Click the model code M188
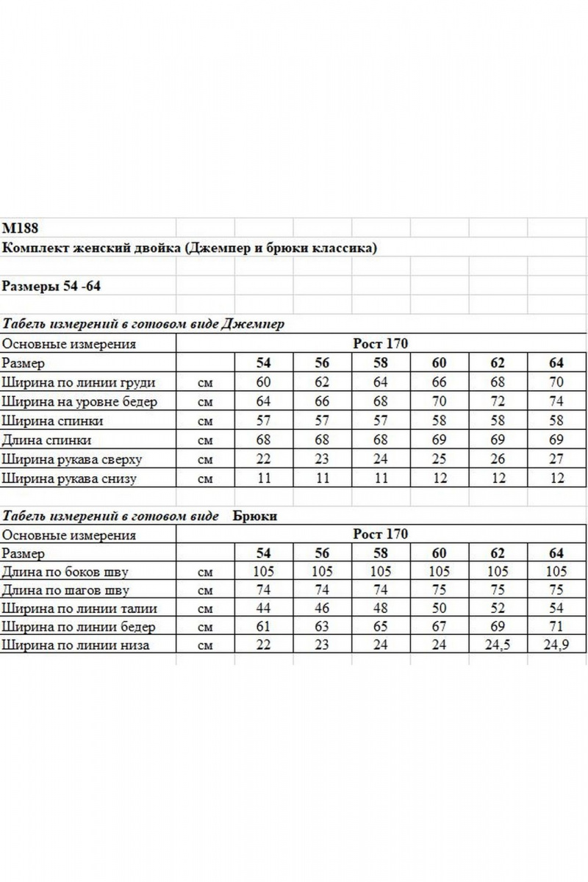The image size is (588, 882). tap(21, 228)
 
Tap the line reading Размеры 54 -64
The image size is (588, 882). tap(51, 286)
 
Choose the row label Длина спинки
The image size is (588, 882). tap(47, 441)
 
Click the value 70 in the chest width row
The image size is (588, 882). tap(556, 383)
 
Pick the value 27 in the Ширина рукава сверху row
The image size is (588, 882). tap(556, 460)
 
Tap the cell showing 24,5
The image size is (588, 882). tap(498, 646)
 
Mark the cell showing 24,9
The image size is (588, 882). tap(556, 646)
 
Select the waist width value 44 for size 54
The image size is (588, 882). tap(263, 609)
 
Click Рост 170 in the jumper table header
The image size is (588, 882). tap(380, 344)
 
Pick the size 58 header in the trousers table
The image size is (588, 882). tap(380, 553)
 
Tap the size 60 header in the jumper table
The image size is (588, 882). tap(439, 364)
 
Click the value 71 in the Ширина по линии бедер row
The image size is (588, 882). tap(556, 627)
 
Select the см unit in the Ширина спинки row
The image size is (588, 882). tap(205, 422)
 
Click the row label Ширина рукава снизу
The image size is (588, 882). tap(69, 479)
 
